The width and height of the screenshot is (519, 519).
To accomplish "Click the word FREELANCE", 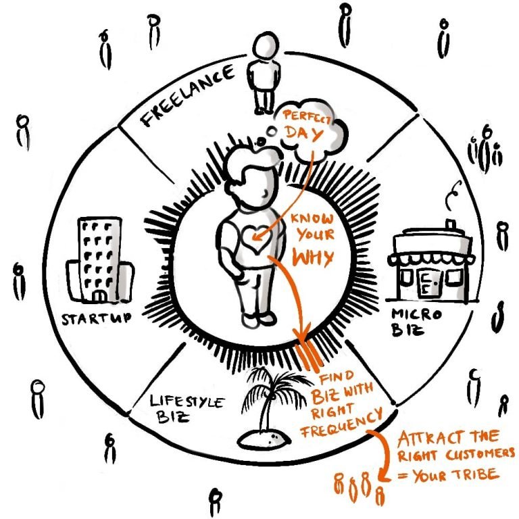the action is (x=188, y=96).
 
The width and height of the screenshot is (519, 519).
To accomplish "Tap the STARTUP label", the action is (x=97, y=318).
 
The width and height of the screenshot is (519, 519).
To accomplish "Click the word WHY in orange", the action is (x=313, y=257).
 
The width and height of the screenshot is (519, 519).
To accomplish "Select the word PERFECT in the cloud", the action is (x=307, y=117).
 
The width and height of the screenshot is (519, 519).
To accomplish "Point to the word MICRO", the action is (x=416, y=314).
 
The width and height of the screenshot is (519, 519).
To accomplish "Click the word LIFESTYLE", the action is (x=187, y=401).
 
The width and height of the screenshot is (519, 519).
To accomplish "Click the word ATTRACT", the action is (x=425, y=439).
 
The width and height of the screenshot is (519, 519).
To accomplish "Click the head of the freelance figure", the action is (x=266, y=46).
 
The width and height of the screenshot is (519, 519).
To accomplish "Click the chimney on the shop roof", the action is (x=450, y=224).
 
